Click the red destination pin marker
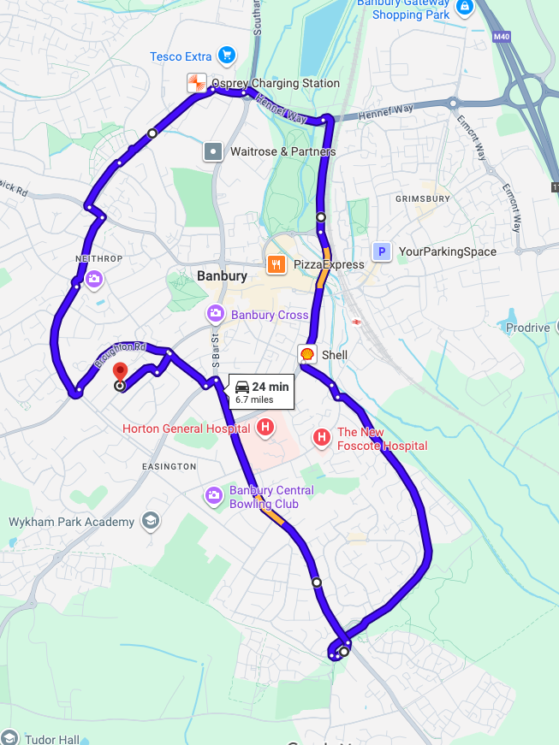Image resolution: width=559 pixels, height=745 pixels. point(120,372)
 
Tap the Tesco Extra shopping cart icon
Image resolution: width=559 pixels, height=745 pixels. point(226,56)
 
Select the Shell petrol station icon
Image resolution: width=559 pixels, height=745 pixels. point(306,354)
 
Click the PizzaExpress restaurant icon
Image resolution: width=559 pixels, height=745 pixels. point(276,264)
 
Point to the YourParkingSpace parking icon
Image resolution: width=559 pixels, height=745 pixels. point(382,251)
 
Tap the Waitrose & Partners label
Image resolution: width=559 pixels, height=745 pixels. point(282,151)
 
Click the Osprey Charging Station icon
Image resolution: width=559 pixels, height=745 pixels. point(197,83)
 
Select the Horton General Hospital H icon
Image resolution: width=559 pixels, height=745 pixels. point(266,427)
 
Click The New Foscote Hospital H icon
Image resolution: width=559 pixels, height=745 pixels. point(322,438)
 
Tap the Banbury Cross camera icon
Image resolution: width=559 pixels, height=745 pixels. point(216,314)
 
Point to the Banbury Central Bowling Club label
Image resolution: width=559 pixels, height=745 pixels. point(271,497)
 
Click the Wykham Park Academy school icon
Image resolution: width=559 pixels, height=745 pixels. point(151,521)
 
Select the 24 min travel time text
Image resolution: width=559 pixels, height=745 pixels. point(270,387)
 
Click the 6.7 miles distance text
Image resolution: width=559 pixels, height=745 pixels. point(254,399)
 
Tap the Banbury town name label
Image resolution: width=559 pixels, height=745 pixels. point(222,276)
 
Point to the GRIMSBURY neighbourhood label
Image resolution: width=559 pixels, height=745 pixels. point(422,198)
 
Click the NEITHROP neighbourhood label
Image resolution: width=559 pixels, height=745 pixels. point(99,258)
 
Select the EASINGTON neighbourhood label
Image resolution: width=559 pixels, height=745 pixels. point(169,466)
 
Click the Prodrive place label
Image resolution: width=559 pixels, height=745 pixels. point(527,328)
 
